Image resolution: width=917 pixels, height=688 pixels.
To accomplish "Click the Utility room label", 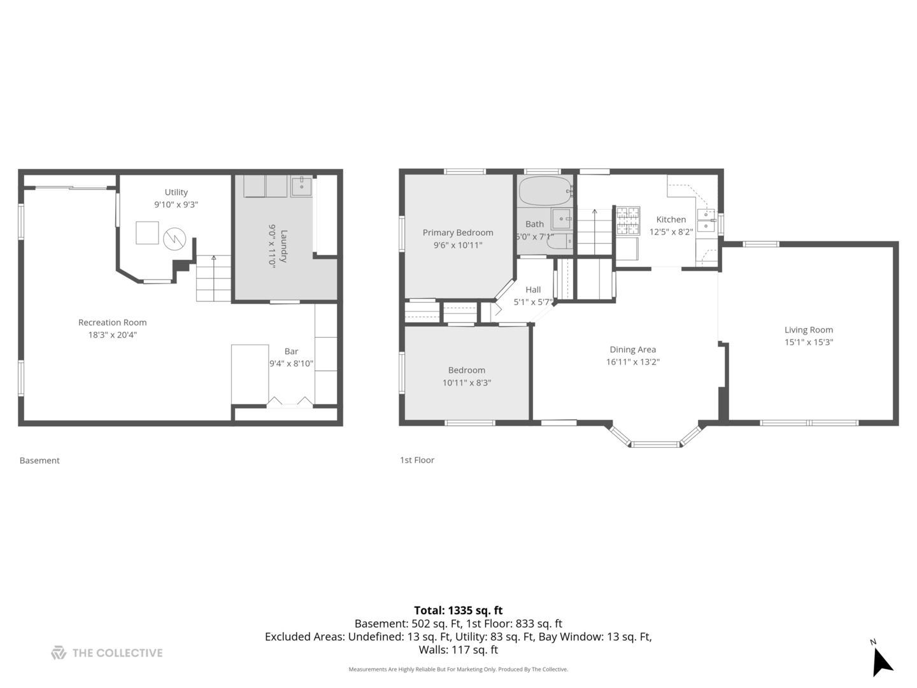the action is [176, 192].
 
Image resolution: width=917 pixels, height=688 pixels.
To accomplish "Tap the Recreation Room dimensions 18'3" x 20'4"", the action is [112, 334].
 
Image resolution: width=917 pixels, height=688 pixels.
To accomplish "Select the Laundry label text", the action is [284, 246].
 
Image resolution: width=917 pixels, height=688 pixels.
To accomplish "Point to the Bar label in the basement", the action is [291, 351].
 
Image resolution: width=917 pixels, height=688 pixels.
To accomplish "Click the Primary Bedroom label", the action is [458, 233].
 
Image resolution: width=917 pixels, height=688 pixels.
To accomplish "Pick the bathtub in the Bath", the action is [545, 191].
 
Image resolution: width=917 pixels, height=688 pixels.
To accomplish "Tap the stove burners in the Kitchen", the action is [628, 220].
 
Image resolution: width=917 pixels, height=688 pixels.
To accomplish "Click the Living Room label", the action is [808, 330].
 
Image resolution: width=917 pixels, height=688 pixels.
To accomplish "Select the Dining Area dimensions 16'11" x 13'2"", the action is [632, 362].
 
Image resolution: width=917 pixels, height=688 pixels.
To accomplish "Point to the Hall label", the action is [533, 289].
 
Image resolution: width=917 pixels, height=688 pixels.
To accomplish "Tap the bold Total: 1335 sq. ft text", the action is [458, 610].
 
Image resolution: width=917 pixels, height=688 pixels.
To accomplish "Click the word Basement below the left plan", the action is [39, 461].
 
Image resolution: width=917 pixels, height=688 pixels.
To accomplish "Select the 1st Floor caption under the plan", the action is [417, 460].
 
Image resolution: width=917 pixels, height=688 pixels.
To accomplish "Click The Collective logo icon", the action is [59, 652].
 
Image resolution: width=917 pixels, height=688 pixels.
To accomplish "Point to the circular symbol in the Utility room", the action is [174, 239].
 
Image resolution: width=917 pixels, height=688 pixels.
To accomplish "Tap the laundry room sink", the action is [301, 186].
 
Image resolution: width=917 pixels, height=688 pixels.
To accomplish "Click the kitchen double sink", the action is [706, 220].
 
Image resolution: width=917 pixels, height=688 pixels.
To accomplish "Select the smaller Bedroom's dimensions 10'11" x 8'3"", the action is [467, 383].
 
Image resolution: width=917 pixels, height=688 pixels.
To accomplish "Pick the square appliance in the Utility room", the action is [147, 233].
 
